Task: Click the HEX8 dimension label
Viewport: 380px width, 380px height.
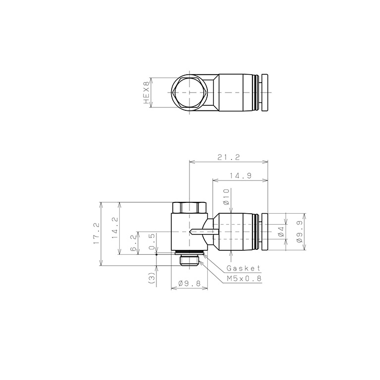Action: [x=146, y=93]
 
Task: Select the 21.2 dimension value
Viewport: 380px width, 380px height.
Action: [x=229, y=157]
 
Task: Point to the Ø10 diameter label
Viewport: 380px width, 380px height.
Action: [x=226, y=197]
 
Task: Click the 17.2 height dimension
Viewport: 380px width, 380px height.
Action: [x=96, y=233]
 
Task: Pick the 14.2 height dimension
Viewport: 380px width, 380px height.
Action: [x=115, y=228]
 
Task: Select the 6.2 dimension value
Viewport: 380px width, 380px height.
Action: [x=134, y=243]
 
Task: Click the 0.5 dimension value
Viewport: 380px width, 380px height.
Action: [x=152, y=241]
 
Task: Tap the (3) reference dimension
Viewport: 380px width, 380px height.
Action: [x=151, y=278]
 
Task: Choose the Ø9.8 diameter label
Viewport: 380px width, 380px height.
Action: [x=190, y=283]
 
